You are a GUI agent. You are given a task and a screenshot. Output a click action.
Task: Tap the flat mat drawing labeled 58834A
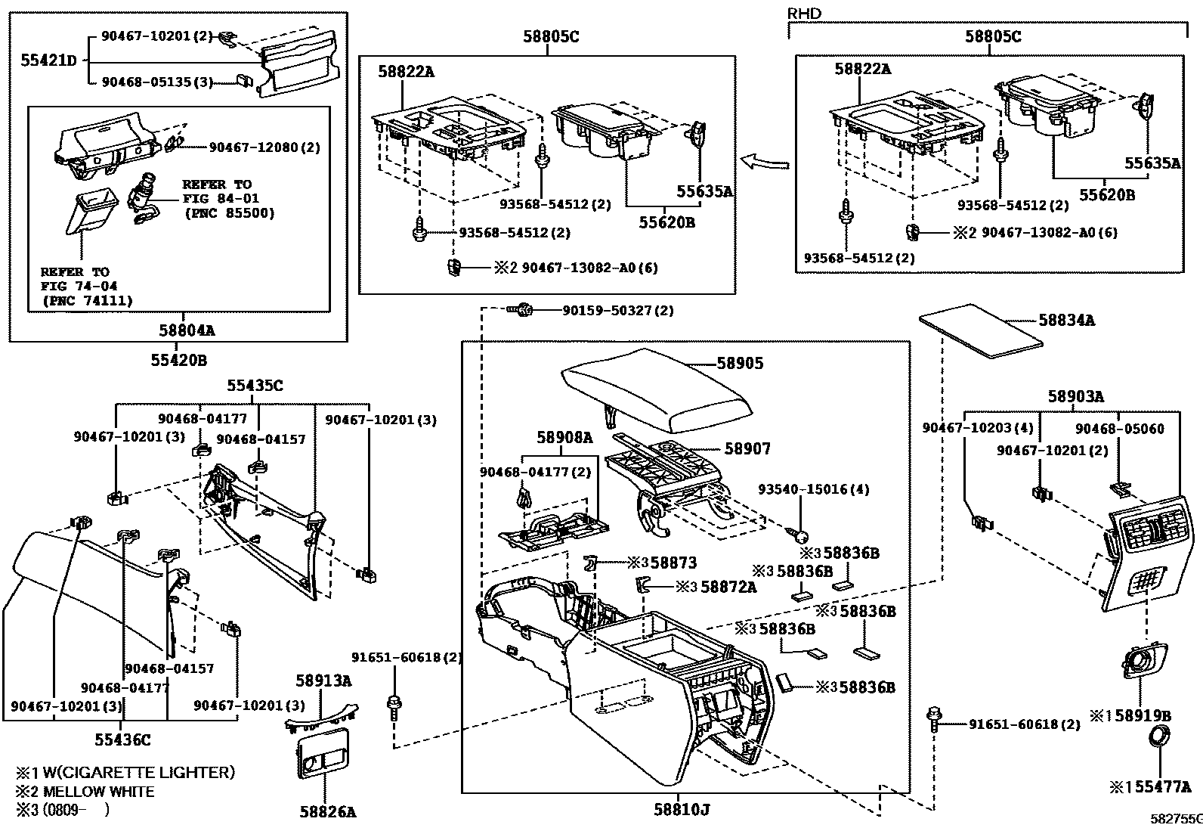981,330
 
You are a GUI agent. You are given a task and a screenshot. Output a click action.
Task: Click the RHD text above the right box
803,14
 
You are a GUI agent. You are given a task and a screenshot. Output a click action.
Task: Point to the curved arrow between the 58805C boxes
764,162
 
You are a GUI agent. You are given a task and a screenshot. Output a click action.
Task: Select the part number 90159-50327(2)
617,310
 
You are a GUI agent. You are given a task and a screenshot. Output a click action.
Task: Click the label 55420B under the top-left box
178,361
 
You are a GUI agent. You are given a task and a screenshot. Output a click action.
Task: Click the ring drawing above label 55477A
1157,736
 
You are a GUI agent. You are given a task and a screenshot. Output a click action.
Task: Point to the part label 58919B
1144,715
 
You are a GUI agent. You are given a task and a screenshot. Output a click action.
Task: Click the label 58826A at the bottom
327,812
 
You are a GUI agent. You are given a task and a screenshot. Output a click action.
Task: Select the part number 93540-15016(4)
813,490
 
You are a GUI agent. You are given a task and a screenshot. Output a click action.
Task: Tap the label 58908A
564,438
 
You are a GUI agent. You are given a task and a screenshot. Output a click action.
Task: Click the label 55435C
255,386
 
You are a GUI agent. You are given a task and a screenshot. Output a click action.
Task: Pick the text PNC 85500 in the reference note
229,213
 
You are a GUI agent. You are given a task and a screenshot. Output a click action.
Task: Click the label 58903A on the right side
1075,395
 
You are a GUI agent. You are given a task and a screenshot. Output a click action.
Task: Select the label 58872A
728,587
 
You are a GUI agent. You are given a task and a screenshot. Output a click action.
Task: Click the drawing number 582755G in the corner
1175,818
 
